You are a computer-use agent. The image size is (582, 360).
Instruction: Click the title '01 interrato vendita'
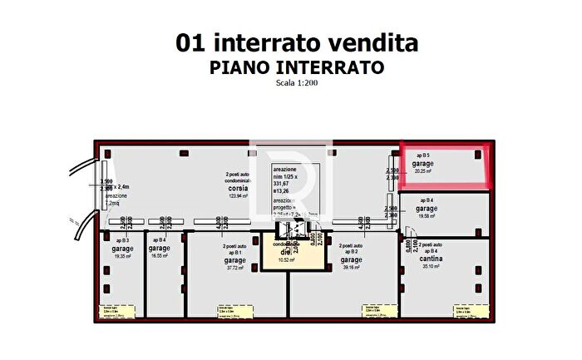click(x=296, y=43)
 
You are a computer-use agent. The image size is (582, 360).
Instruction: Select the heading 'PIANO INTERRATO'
click(x=296, y=67)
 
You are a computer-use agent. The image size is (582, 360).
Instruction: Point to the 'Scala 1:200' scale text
click(x=296, y=83)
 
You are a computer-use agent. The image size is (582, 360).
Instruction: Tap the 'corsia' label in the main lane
click(x=239, y=188)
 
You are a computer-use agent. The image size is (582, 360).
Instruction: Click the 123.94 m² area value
click(x=239, y=195)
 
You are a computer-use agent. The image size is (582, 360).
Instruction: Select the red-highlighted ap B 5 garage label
click(x=423, y=164)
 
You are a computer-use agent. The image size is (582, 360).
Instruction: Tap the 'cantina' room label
click(x=429, y=259)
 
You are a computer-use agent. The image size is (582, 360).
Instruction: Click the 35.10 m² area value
click(x=429, y=266)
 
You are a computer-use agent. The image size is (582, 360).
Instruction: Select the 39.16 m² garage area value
click(x=350, y=269)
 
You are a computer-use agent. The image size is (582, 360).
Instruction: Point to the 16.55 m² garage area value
click(x=160, y=256)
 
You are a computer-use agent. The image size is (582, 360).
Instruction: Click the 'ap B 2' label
click(x=349, y=251)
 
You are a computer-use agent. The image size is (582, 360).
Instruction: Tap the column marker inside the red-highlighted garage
click(x=479, y=152)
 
